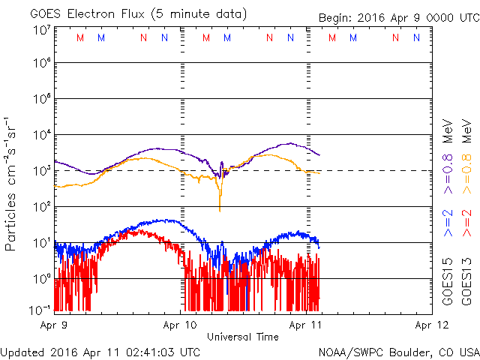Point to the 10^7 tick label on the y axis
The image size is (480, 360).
pos(41,30)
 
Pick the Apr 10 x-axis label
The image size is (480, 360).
pos(180,325)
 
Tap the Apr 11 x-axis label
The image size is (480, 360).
pos(306,325)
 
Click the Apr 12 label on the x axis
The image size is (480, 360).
pos(431,325)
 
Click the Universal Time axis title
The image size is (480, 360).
pos(242,337)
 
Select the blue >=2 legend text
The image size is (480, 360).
pos(448,223)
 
